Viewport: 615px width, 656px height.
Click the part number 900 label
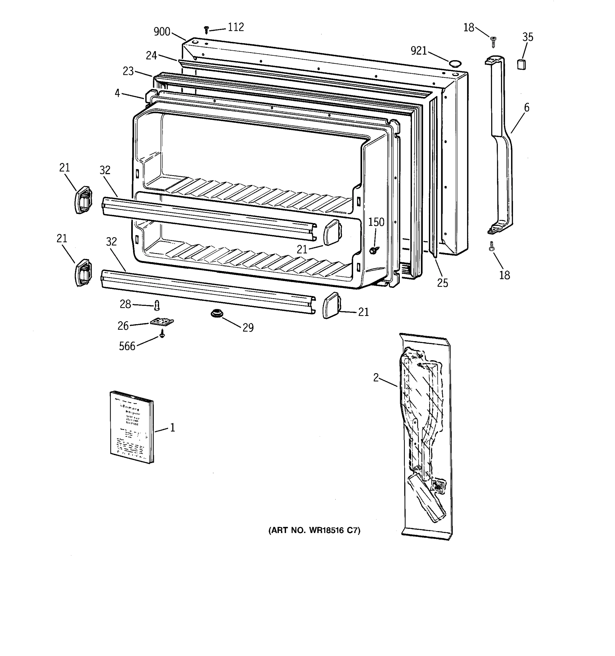(x=162, y=32)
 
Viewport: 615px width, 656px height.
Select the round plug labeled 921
(x=454, y=63)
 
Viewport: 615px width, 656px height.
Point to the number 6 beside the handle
(x=527, y=108)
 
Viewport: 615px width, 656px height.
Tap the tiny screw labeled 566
(x=162, y=335)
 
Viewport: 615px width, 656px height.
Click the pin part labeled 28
(x=157, y=305)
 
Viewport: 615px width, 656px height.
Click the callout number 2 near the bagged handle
(x=376, y=377)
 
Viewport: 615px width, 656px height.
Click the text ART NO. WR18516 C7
(x=314, y=530)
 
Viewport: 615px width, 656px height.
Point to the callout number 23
(x=128, y=71)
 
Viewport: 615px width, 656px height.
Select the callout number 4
(x=117, y=93)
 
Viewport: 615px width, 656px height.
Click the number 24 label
(x=151, y=55)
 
